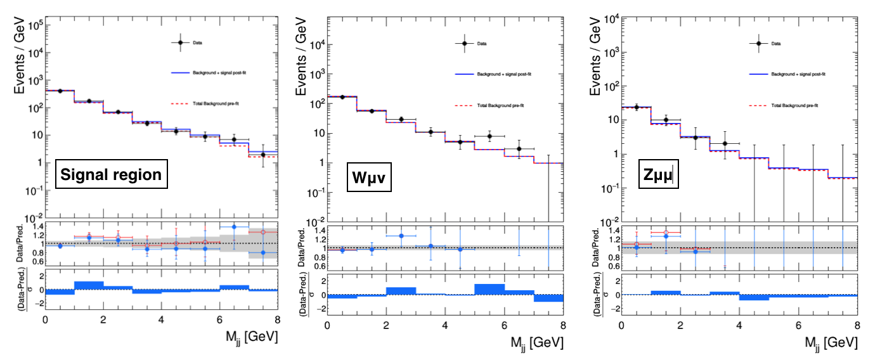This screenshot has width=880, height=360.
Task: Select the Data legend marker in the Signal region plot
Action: [180, 42]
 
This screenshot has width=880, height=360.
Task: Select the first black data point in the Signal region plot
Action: [60, 91]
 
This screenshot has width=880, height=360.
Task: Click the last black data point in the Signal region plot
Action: [262, 154]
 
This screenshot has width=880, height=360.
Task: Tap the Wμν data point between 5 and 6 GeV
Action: [489, 136]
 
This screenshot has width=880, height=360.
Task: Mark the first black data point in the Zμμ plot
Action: [636, 107]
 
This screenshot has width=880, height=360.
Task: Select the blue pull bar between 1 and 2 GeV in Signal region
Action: [89, 285]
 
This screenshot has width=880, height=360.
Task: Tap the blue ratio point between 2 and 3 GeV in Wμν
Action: [401, 236]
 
